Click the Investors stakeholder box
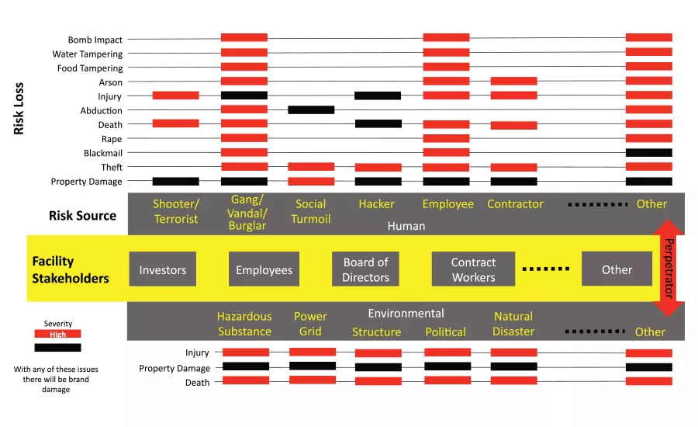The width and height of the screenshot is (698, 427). pyautogui.click(x=163, y=269)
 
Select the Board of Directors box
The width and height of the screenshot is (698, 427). pyautogui.click(x=365, y=269)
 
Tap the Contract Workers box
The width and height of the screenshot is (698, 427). pyautogui.click(x=473, y=269)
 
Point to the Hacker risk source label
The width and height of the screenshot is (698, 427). pyautogui.click(x=376, y=204)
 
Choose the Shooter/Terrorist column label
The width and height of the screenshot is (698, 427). pyautogui.click(x=175, y=211)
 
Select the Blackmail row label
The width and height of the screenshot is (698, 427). pyautogui.click(x=103, y=153)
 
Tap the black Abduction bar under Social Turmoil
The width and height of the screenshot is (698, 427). pyautogui.click(x=311, y=109)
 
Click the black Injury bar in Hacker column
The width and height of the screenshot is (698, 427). pyautogui.click(x=378, y=95)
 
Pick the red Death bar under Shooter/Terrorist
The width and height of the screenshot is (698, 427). pyautogui.click(x=175, y=123)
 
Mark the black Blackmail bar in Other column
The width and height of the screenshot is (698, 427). pyautogui.click(x=648, y=152)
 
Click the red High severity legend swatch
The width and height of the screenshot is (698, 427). pyautogui.click(x=57, y=335)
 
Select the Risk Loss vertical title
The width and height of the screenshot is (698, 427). pyautogui.click(x=19, y=109)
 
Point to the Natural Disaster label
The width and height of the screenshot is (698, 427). pyautogui.click(x=513, y=324)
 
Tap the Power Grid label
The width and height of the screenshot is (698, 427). pyautogui.click(x=310, y=324)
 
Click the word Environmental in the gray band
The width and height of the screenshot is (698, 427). pyautogui.click(x=406, y=314)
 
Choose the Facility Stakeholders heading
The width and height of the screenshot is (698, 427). pyautogui.click(x=71, y=269)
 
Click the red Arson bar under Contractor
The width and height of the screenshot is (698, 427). pyautogui.click(x=513, y=81)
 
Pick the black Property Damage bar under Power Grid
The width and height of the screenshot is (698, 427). pyautogui.click(x=313, y=366)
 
